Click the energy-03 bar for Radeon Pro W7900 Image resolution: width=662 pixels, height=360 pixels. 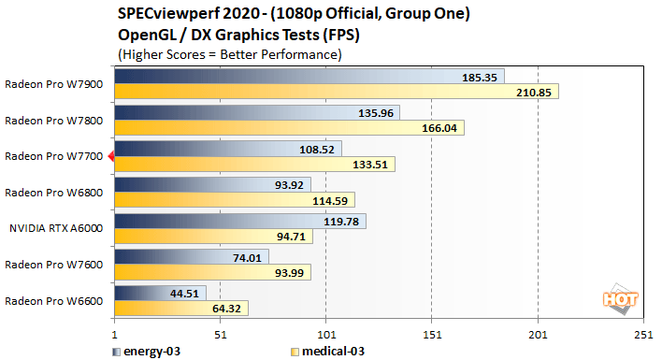coord(309,76)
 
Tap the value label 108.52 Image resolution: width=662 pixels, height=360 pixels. coord(319,149)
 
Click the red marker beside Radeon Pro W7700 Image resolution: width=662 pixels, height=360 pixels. coord(110,156)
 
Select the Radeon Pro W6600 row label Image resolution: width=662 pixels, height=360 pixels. coord(55,301)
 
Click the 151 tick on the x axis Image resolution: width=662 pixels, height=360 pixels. coord(431,334)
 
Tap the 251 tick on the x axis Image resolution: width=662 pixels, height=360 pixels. coord(642,334)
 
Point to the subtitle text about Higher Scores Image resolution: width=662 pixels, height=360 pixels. coord(229,55)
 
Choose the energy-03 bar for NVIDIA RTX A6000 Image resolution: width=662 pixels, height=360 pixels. coord(239,222)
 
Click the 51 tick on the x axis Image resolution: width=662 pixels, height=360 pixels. coord(220,334)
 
